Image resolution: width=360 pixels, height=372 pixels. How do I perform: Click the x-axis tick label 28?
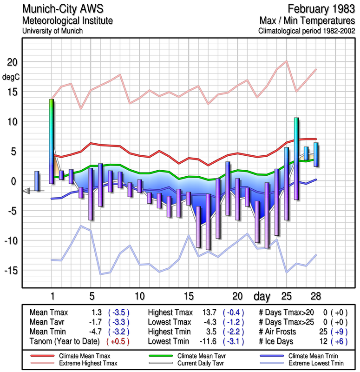pyautogui.click(x=315, y=296)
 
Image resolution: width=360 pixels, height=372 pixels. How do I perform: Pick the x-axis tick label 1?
pyautogui.click(x=52, y=296)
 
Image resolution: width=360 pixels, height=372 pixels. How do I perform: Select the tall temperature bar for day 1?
pyautogui.click(x=52, y=139)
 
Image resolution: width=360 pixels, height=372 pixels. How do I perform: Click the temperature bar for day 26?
pyautogui.click(x=296, y=158)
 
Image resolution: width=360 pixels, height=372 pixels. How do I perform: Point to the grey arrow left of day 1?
pyautogui.click(x=26, y=191)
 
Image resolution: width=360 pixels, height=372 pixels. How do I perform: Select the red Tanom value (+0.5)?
pyautogui.click(x=118, y=341)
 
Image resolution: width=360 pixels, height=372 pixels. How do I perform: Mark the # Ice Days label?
pyautogui.click(x=278, y=341)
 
